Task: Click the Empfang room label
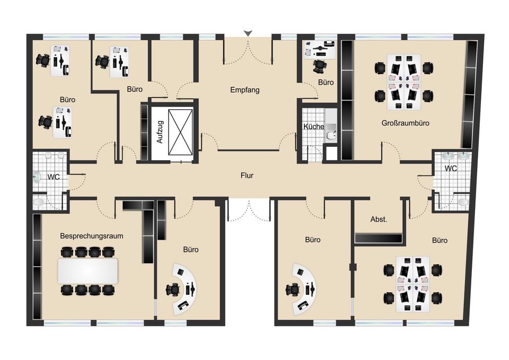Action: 245,90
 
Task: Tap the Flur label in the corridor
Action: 247,174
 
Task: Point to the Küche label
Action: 313,127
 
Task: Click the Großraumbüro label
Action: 405,123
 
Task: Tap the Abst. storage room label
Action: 379,219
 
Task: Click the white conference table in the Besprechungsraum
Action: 87,271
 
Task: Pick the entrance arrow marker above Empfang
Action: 248,33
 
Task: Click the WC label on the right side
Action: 451,169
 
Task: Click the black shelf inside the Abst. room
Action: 379,239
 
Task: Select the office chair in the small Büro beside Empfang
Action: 319,66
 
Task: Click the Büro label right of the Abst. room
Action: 440,240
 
